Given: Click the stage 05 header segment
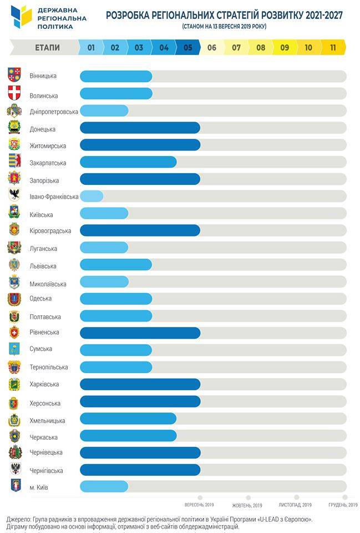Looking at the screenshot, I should point(187,48).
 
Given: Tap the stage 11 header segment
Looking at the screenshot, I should point(333,48).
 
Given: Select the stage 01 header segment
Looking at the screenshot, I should point(91,48).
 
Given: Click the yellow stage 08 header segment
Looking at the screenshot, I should point(261,48).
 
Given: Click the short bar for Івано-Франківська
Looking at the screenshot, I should point(92,196).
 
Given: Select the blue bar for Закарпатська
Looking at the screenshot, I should point(128,162).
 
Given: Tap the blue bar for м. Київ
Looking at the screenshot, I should point(104,486).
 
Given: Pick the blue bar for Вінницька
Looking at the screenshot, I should point(116,76).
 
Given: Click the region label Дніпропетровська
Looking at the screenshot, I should point(54,112).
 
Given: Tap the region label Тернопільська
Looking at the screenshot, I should point(49,367).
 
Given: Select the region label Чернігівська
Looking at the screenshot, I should point(46,470).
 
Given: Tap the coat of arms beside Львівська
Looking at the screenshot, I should point(14,265).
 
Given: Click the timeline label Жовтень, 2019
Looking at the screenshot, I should point(247,505).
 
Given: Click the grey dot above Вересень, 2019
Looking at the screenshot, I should point(200,497).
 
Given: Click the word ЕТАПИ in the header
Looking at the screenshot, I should point(47,48).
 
